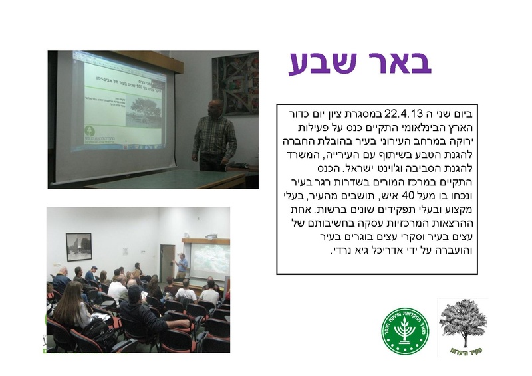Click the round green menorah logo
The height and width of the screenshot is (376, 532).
(405, 330)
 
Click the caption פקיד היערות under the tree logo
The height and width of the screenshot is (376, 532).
(463, 350)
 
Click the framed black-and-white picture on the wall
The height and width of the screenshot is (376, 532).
(79, 246)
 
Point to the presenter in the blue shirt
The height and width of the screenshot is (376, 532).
(181, 266)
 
